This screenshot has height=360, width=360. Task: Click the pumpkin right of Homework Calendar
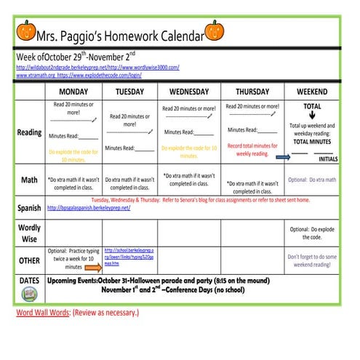(x=215, y=30)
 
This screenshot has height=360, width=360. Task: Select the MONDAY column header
(x=73, y=92)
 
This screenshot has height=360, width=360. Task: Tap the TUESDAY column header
(x=129, y=92)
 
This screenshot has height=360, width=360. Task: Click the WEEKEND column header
(x=311, y=92)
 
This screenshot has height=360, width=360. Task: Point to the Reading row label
(x=29, y=132)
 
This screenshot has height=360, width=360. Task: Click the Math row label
(x=29, y=180)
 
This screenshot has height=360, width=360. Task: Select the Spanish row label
(x=29, y=208)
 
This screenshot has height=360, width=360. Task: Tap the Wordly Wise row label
(x=29, y=233)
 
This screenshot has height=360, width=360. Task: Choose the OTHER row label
(x=29, y=260)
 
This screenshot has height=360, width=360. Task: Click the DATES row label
(x=29, y=280)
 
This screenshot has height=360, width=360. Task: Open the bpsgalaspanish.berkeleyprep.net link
(x=88, y=208)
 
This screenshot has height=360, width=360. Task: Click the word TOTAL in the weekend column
(x=312, y=106)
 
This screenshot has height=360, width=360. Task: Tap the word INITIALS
(x=329, y=159)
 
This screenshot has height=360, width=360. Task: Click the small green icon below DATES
(x=29, y=293)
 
